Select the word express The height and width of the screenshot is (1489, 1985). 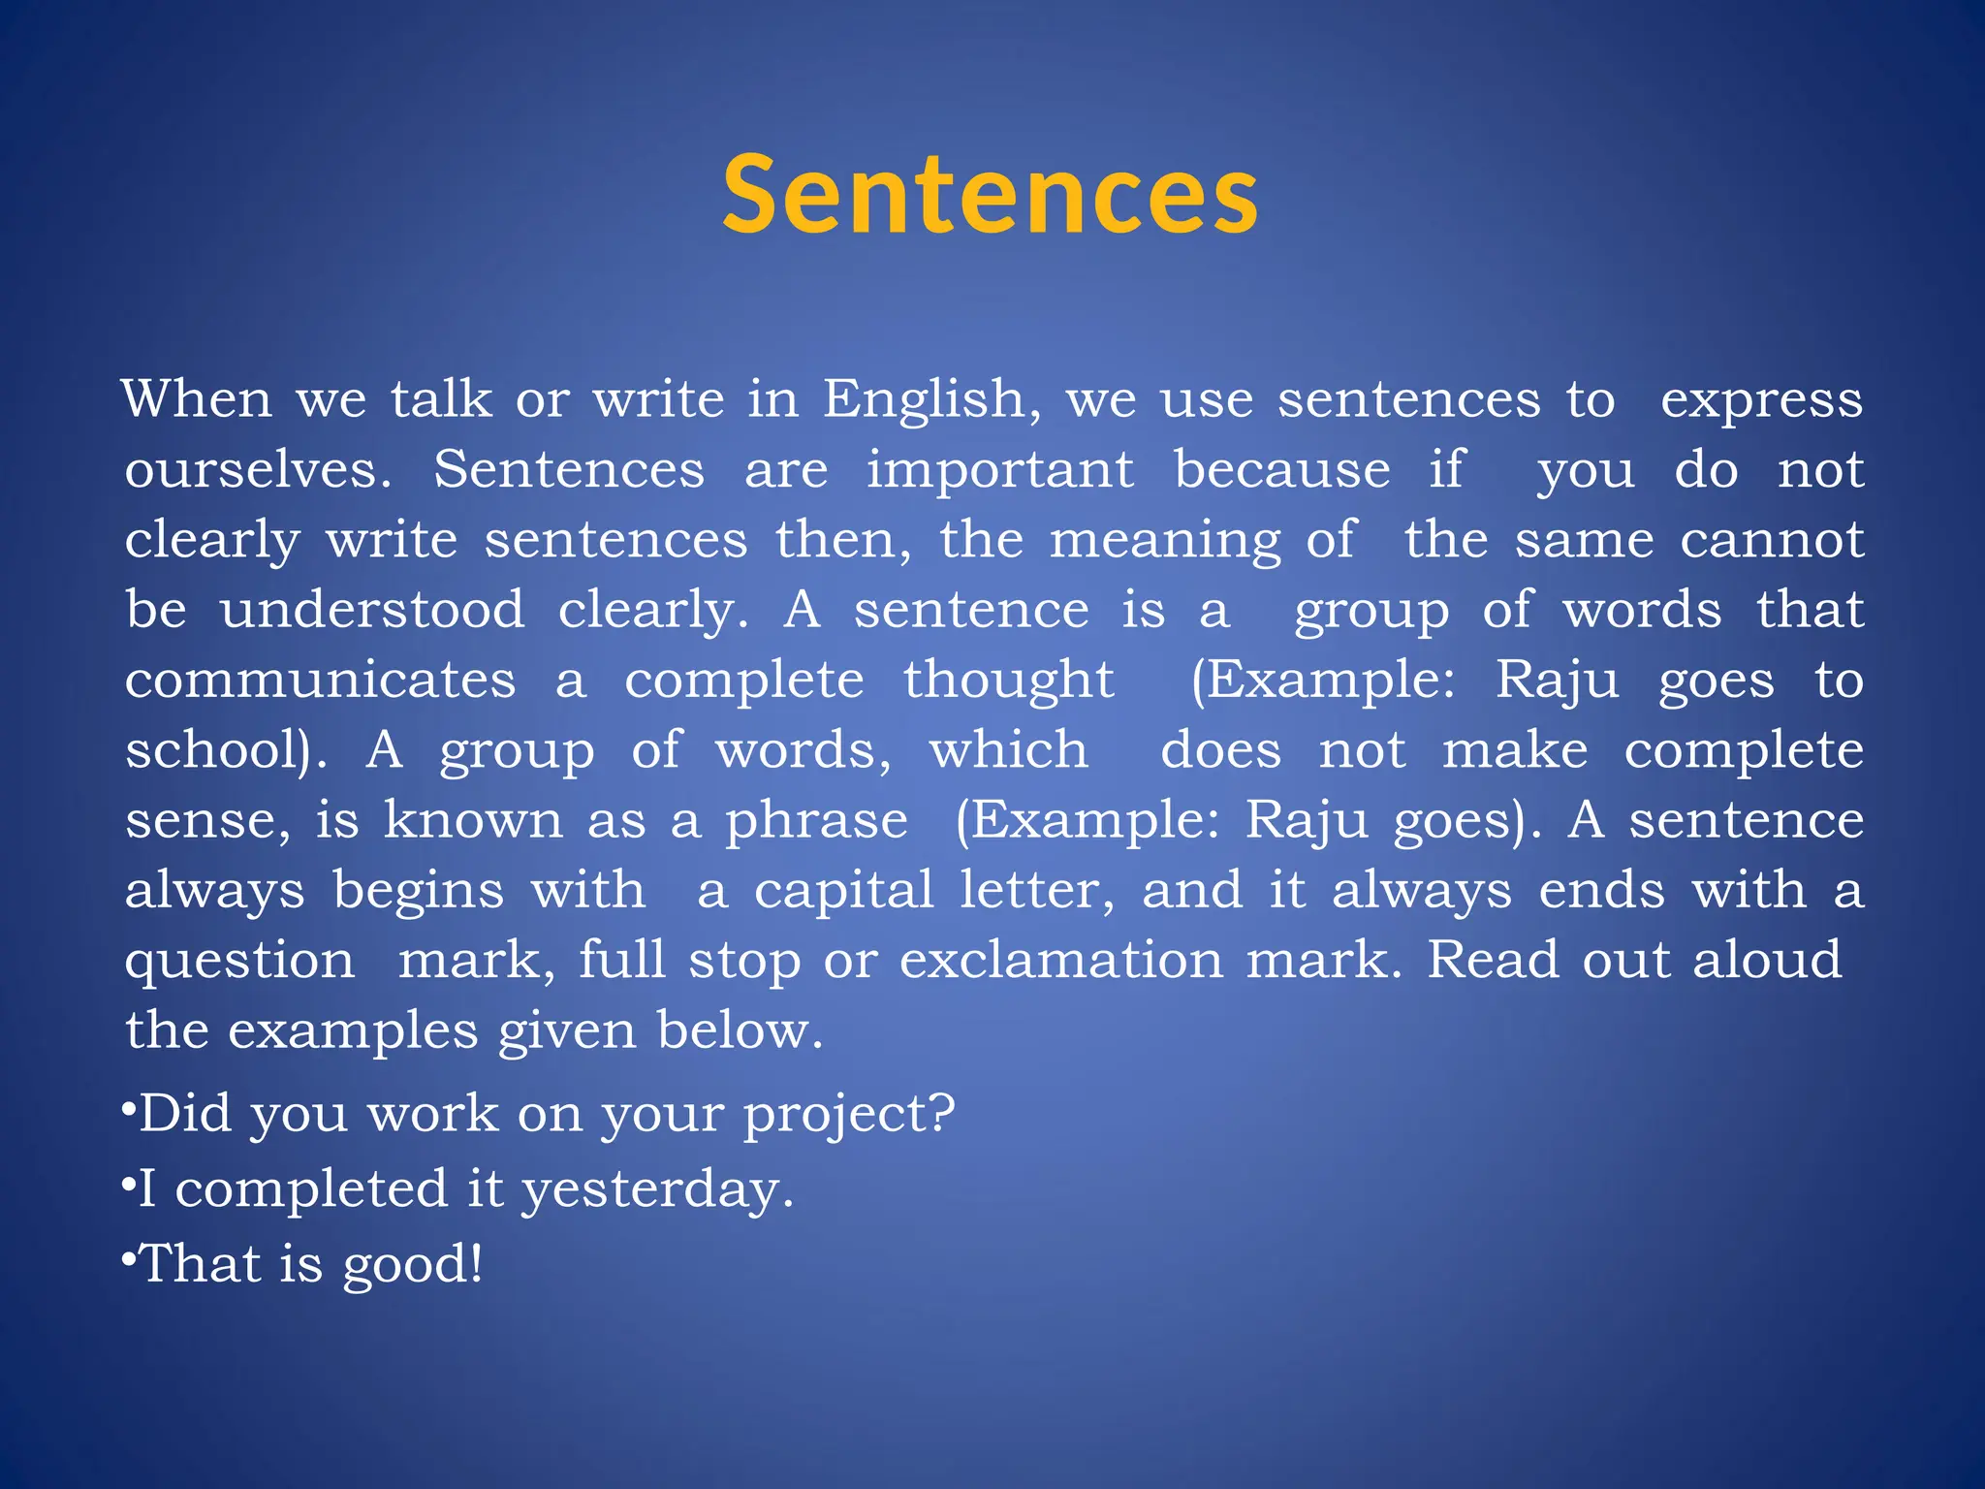point(1761,400)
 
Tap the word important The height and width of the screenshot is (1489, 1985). point(999,470)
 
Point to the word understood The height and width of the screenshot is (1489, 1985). point(372,610)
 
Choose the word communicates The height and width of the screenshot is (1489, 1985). point(320,680)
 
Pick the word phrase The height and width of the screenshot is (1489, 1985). point(817,821)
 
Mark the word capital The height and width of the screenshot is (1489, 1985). point(843,890)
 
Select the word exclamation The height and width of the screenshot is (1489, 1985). point(1061,960)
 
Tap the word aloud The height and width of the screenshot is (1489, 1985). point(1767,960)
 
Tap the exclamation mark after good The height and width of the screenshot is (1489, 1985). point(475,1264)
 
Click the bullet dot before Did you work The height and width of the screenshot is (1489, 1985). point(128,1107)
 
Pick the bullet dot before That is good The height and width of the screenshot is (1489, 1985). point(128,1257)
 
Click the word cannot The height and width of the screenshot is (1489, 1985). point(1772,540)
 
